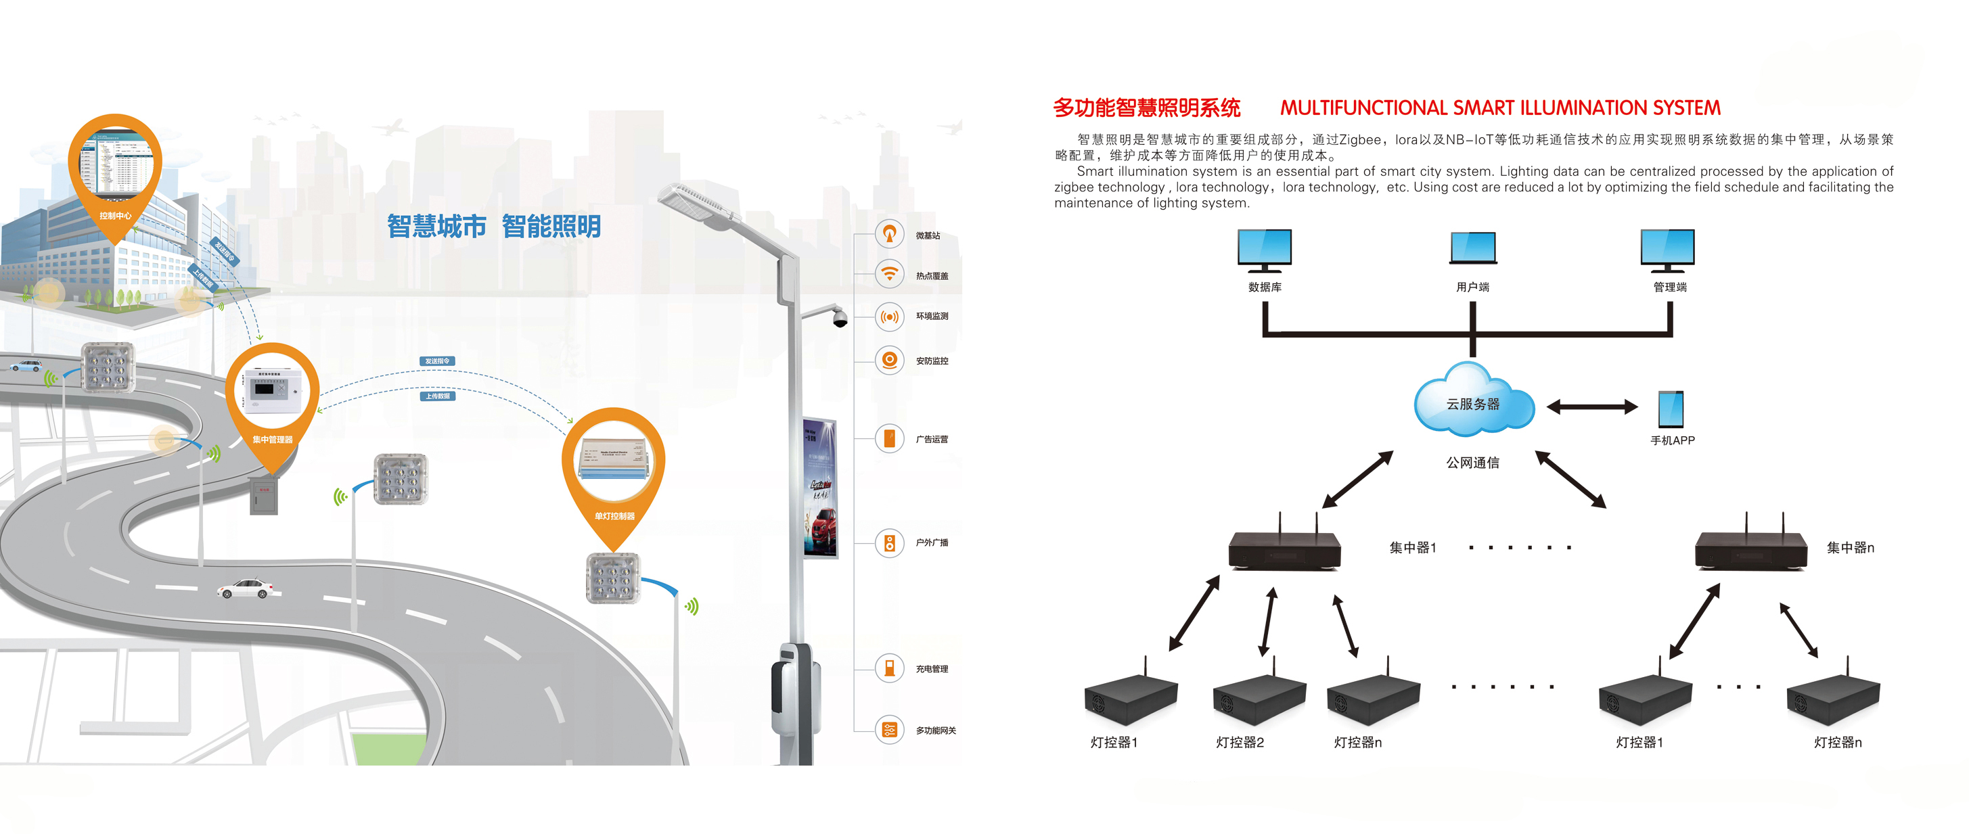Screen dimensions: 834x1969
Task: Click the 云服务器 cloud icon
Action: (1473, 401)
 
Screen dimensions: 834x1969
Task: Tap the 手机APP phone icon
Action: (1670, 409)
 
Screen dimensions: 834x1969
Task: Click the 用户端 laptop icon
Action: (1473, 248)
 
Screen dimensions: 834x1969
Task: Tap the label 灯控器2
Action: (1240, 742)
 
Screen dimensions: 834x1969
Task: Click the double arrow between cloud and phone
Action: (1592, 407)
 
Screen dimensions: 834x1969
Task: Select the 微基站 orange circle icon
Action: (889, 234)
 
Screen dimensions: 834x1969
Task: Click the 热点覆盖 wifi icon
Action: (889, 274)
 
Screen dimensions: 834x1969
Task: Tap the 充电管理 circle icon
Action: (889, 668)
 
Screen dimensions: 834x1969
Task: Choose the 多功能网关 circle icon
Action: (889, 729)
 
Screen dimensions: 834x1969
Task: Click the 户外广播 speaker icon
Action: (889, 542)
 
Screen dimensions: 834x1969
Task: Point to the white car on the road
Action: (244, 588)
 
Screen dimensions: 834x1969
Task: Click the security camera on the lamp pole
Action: (839, 318)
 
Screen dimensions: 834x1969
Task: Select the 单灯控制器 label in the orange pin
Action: (614, 516)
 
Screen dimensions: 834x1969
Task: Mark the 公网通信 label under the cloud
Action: (1472, 463)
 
